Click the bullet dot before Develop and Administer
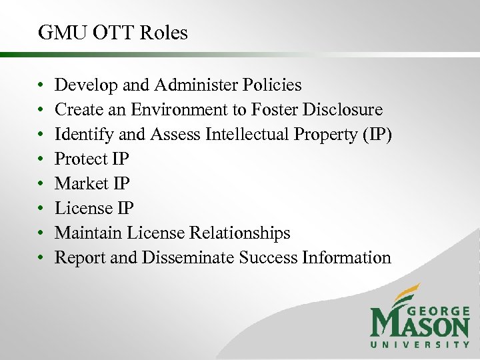point(41,86)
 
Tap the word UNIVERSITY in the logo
point(420,345)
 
